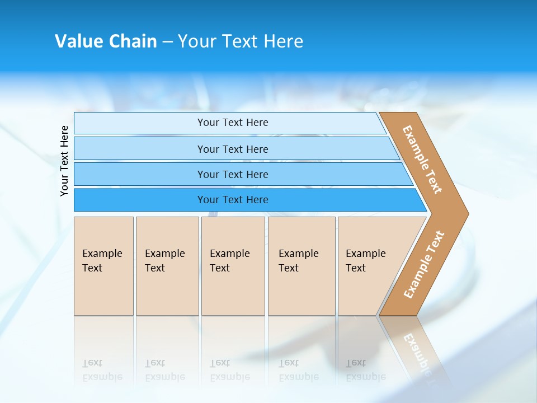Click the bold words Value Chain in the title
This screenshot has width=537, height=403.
106,41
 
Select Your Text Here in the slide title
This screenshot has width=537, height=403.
241,41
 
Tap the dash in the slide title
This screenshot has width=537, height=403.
167,42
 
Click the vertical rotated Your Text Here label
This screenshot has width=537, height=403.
64,161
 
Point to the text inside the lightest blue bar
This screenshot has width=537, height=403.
233,123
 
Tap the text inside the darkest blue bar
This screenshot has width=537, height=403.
233,200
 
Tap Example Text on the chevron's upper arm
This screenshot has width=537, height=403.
422,160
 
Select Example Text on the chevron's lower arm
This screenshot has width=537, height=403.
424,264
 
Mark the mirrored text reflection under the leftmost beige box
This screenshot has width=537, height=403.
102,369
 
